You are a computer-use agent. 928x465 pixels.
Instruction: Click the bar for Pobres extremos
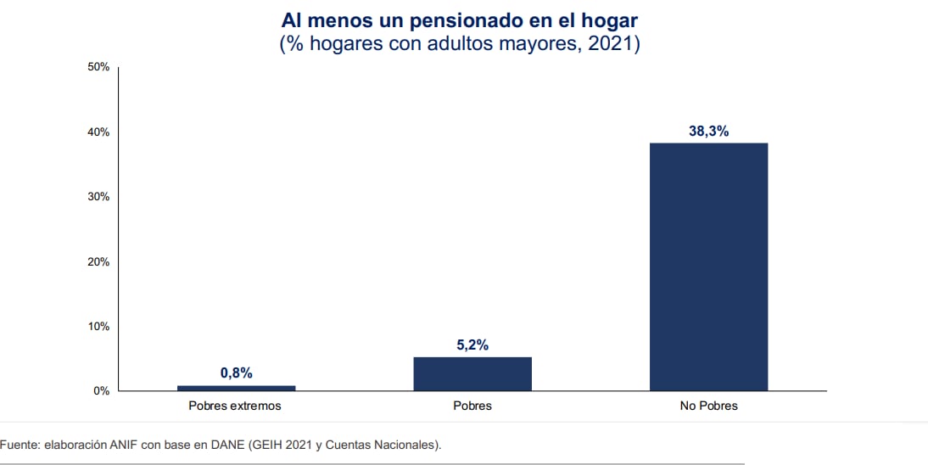[236, 388]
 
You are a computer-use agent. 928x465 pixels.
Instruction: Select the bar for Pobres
[472, 373]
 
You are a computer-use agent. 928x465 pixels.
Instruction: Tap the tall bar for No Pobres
[708, 266]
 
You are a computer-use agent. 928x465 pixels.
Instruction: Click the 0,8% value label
[236, 373]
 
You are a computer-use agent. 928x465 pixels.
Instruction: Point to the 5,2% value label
[472, 345]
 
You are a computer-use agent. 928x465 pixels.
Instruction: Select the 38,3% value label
[708, 132]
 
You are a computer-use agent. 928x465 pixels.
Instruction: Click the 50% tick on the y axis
[98, 67]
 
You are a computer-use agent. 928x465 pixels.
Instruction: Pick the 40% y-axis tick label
[98, 132]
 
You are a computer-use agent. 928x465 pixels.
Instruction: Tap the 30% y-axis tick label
[98, 197]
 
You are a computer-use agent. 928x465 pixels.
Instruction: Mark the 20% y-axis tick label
[98, 261]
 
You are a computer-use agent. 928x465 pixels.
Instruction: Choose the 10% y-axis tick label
[98, 327]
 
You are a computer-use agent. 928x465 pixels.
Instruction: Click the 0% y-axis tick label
[102, 391]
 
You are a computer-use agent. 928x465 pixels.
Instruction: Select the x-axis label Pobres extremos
[236, 406]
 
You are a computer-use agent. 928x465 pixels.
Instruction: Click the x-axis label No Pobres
[708, 406]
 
